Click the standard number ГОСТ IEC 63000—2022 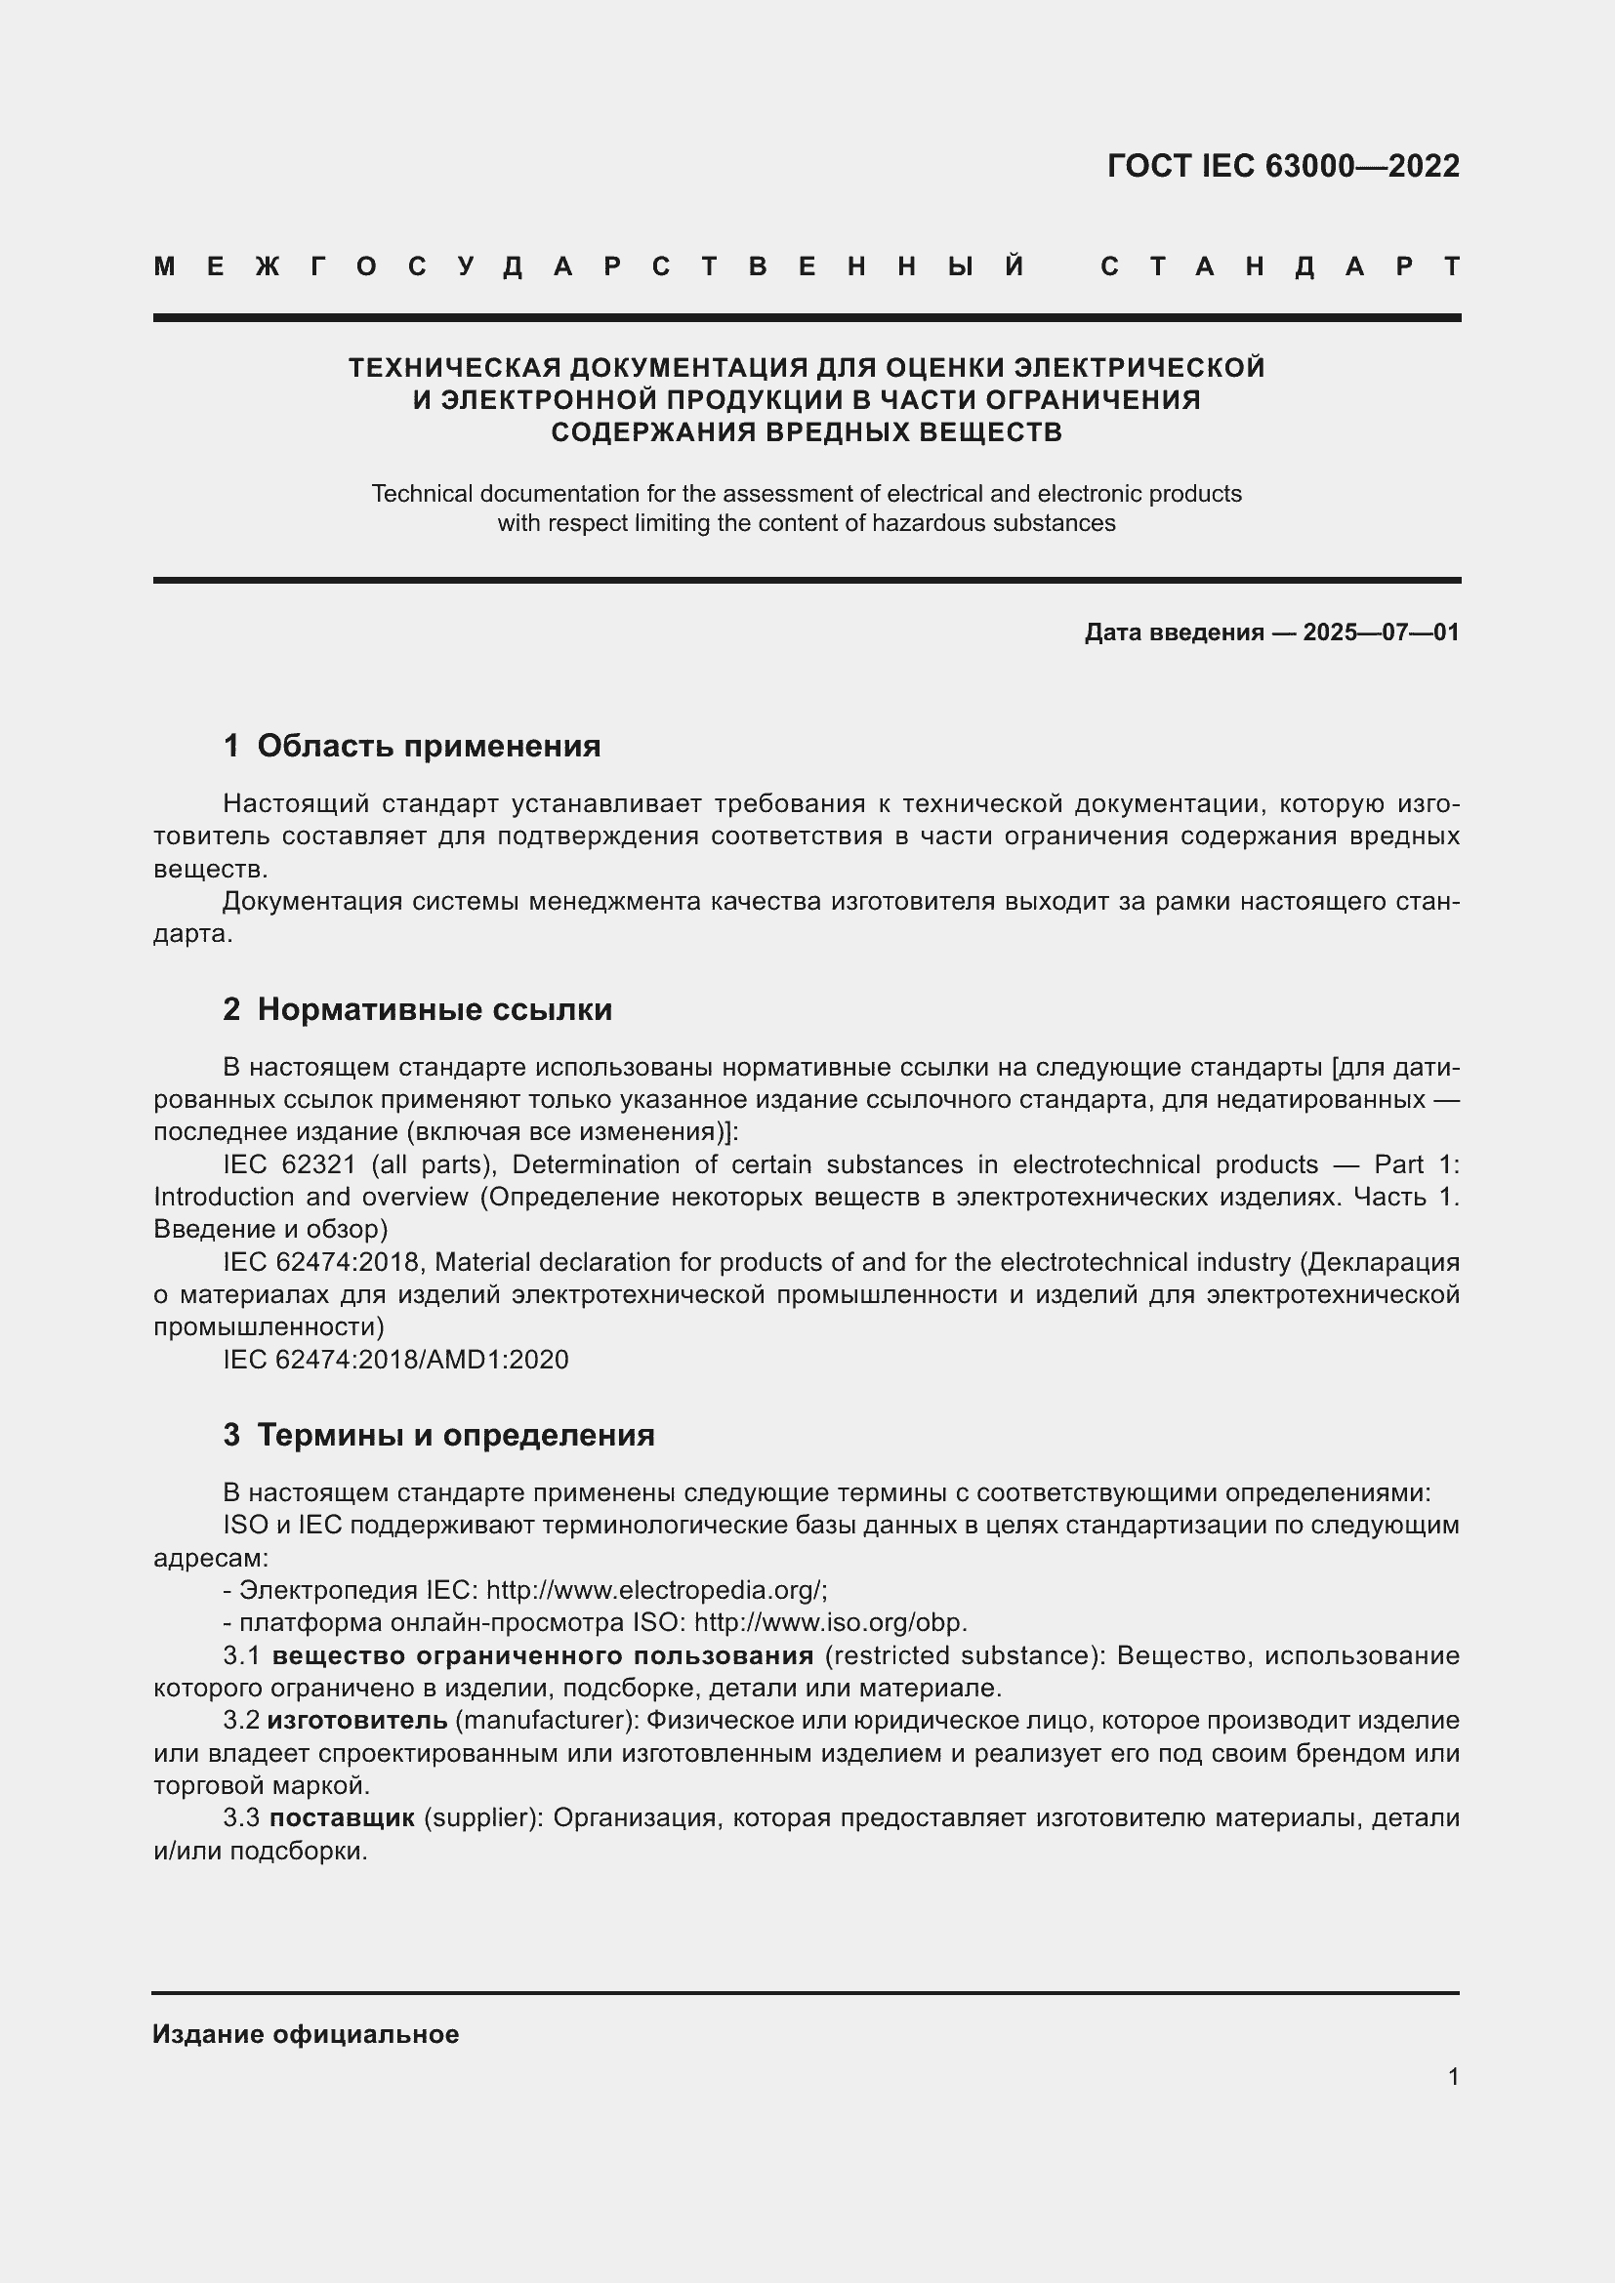[1283, 166]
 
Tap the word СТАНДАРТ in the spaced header [1280, 266]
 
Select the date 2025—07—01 [1381, 632]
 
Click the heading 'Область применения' [429, 746]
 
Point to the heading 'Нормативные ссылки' [435, 1009]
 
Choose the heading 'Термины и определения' [455, 1435]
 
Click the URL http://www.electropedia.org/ [655, 1590]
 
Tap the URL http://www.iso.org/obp [829, 1623]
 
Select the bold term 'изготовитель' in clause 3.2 [357, 1720]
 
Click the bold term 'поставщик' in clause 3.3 [342, 1817]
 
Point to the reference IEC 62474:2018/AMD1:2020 [395, 1360]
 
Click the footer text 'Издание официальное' [306, 2034]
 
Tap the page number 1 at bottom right [1453, 2076]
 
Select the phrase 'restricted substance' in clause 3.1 [963, 1655]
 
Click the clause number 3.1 [240, 1655]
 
